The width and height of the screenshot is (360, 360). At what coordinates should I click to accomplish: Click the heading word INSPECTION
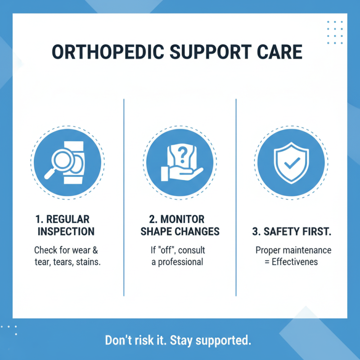coord(67,232)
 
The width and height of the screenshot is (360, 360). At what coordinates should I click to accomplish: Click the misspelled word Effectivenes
coord(295,262)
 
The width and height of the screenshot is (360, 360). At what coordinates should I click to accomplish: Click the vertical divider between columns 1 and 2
coord(124,198)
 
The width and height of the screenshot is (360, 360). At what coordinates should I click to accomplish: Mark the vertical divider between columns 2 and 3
coord(236,198)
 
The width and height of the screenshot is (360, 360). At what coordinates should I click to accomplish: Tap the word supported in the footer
coord(227,340)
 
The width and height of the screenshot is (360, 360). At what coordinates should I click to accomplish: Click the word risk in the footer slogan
coord(147,340)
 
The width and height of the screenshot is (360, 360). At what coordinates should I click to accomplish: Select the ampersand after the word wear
coord(95,250)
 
